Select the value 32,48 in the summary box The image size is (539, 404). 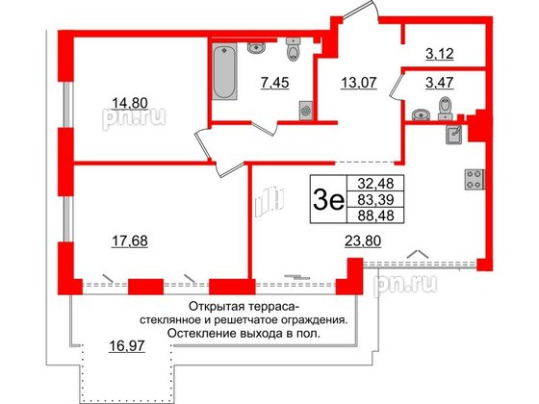click(371, 182)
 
